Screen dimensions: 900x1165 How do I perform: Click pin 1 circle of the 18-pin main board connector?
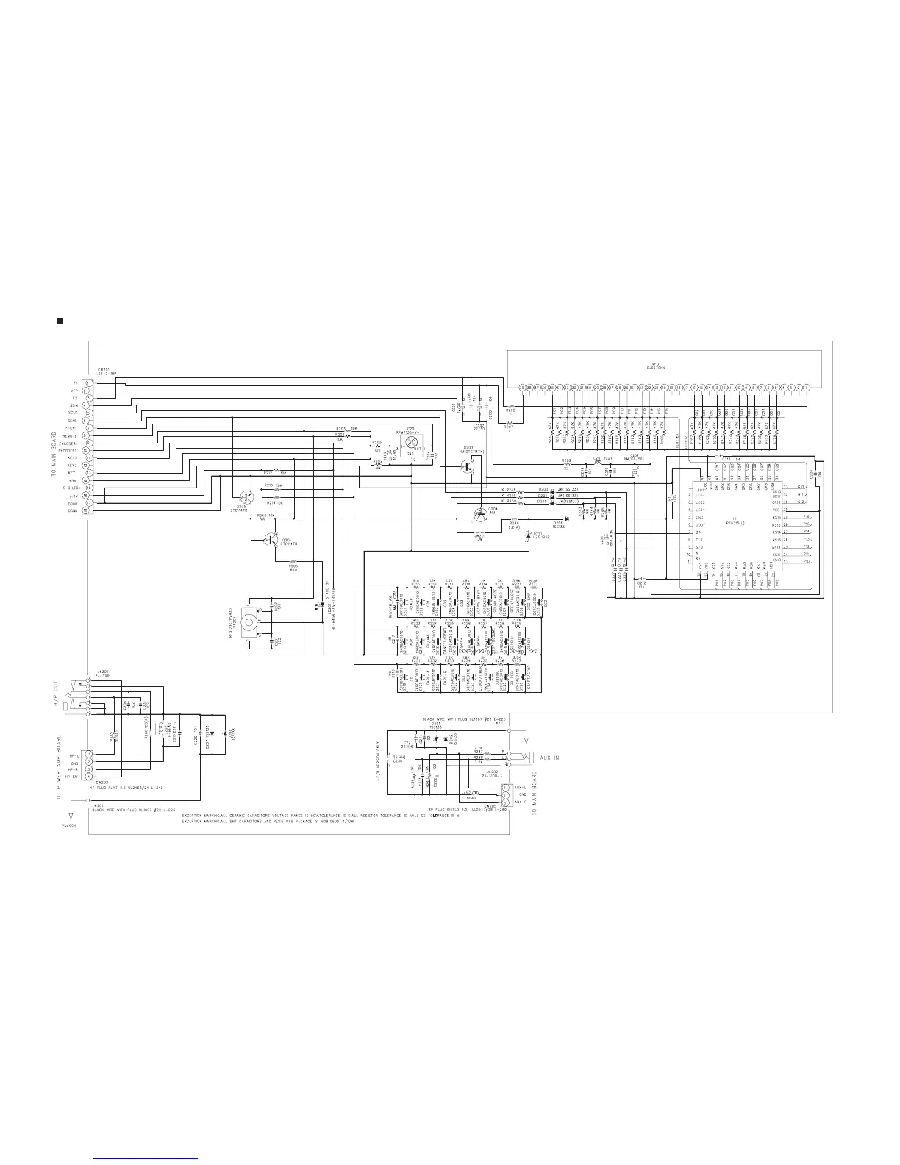pyautogui.click(x=87, y=382)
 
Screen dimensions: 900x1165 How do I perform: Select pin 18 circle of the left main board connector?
pyautogui.click(x=87, y=510)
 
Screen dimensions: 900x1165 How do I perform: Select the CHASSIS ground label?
pyautogui.click(x=69, y=825)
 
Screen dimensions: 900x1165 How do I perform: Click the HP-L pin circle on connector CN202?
pyautogui.click(x=87, y=754)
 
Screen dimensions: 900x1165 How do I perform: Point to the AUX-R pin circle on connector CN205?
pyautogui.click(x=505, y=802)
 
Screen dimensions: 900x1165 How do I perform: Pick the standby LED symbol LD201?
pyautogui.click(x=317, y=627)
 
